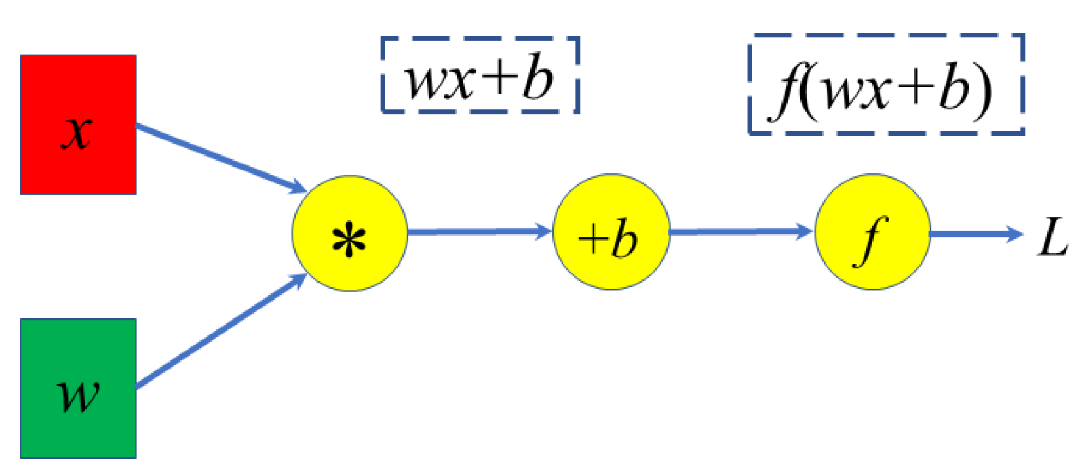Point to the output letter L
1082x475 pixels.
coord(1052,238)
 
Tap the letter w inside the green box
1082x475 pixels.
coord(79,394)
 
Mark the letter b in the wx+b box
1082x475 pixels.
coord(538,78)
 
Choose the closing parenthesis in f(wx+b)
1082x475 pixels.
coord(982,91)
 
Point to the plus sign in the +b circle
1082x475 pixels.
coord(592,239)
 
